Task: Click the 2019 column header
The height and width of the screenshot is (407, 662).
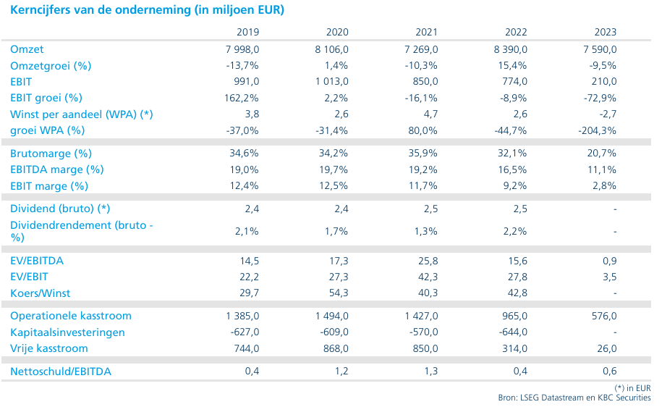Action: [x=248, y=32]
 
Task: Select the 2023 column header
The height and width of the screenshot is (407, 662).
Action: [x=606, y=32]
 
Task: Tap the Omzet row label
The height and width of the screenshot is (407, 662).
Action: [x=27, y=49]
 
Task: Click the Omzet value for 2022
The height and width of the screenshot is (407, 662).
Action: [x=511, y=49]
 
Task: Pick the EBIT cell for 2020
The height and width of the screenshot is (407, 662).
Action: [x=332, y=82]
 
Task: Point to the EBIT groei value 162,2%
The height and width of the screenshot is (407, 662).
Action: [x=241, y=98]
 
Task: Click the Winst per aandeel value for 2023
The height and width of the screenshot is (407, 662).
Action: [x=608, y=114]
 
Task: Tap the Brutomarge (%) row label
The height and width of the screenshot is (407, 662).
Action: [x=51, y=154]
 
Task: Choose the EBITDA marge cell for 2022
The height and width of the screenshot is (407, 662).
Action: [x=512, y=170]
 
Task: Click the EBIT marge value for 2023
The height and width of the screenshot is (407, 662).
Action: [x=604, y=186]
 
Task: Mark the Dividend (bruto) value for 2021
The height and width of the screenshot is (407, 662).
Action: [x=431, y=209]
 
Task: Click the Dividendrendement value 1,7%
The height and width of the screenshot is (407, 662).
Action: [x=336, y=232]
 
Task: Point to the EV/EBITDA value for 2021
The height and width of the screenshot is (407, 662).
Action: [x=428, y=261]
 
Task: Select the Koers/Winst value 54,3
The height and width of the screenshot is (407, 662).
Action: [x=339, y=293]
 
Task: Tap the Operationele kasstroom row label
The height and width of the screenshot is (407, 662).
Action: [x=71, y=316]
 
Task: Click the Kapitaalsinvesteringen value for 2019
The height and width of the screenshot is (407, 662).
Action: [x=245, y=332]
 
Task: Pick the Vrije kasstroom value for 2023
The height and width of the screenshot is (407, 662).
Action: [x=607, y=348]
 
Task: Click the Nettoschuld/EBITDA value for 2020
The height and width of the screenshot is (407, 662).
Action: [x=341, y=372]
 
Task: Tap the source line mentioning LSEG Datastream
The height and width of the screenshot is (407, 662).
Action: [x=574, y=398]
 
